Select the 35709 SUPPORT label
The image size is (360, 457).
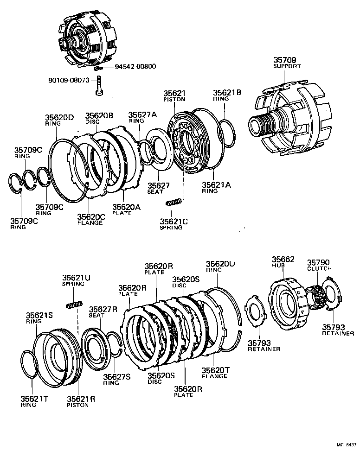(x=287, y=63)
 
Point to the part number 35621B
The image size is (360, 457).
(x=227, y=92)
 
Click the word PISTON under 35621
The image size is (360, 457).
(x=174, y=99)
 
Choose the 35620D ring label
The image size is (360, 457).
(x=59, y=118)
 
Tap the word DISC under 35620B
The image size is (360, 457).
(x=92, y=122)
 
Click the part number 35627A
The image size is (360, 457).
(x=142, y=115)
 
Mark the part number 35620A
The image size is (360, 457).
(x=126, y=207)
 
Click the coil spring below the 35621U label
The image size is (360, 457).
(x=75, y=305)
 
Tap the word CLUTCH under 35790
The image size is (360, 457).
(x=319, y=268)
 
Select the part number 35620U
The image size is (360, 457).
(x=220, y=263)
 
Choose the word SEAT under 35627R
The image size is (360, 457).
(x=96, y=316)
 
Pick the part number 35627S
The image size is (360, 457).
(x=117, y=377)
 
